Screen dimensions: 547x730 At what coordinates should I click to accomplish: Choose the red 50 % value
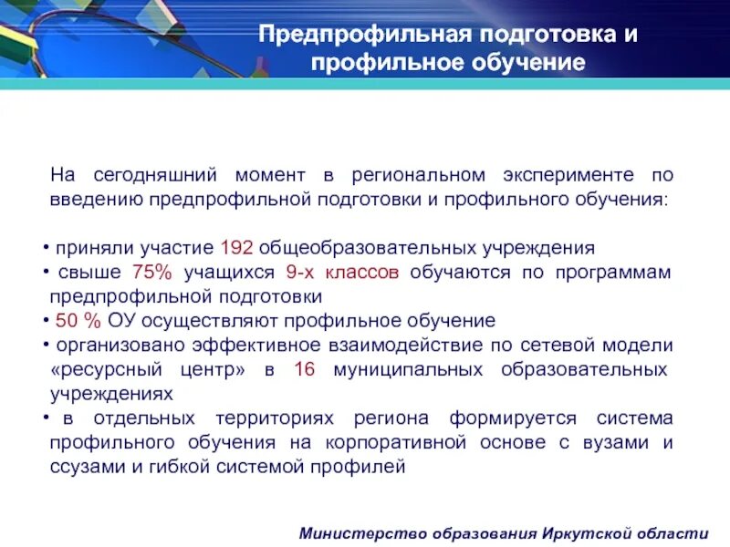pos(79,321)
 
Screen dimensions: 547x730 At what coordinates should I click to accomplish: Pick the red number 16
pos(304,370)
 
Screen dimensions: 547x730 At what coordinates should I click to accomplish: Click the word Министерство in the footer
pos(366,533)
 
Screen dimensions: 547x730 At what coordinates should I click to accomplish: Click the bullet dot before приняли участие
pos(47,249)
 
